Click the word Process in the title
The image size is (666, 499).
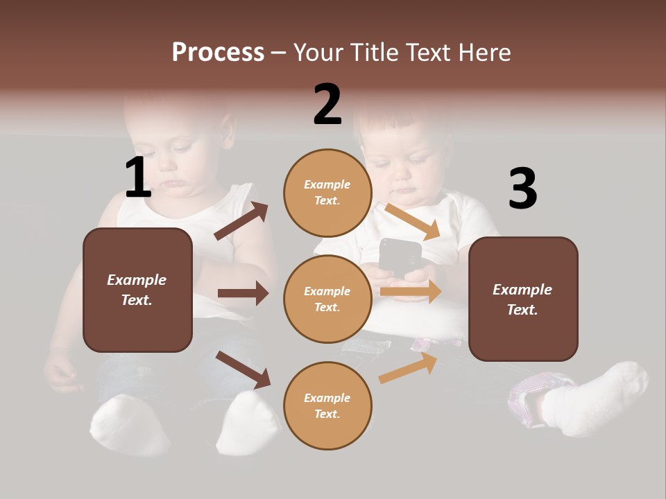218,53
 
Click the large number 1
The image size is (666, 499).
138,177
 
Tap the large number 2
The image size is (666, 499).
327,104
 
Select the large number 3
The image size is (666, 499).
522,189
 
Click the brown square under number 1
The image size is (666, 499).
137,290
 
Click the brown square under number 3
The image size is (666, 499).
523,299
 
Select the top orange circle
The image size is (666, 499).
327,193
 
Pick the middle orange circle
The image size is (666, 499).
327,299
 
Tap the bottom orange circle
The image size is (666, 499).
327,405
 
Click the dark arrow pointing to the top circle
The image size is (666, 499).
241,221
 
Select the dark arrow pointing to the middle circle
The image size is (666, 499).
243,293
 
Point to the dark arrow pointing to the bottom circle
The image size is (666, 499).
244,369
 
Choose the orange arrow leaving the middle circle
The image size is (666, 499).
411,292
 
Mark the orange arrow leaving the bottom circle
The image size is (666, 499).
409,368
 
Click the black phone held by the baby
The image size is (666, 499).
400,257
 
